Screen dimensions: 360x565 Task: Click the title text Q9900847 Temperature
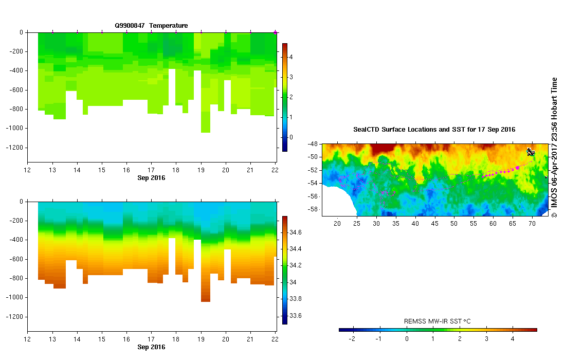(151, 25)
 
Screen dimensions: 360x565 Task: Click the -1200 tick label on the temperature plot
(15, 148)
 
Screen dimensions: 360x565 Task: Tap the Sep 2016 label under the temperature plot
(151, 178)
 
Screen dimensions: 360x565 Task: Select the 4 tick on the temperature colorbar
(290, 57)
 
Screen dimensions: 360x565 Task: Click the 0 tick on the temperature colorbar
(290, 137)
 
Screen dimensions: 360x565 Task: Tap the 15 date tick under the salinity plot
(102, 340)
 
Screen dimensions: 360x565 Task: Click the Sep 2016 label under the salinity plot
(151, 347)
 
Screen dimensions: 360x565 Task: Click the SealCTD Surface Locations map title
(434, 130)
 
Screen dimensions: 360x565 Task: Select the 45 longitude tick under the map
(434, 224)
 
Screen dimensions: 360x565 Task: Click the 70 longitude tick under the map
(532, 224)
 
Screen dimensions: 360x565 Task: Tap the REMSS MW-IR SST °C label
(438, 321)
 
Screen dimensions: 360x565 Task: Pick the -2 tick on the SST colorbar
(352, 339)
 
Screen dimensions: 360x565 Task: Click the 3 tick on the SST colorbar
(486, 339)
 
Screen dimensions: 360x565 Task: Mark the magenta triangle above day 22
(275, 32)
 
